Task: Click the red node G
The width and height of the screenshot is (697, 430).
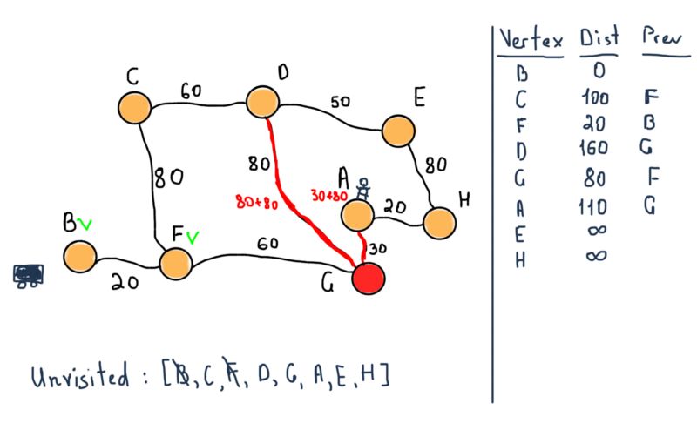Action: point(369,279)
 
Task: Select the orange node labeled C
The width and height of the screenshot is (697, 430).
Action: point(136,107)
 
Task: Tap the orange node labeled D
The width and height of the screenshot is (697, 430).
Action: point(261,103)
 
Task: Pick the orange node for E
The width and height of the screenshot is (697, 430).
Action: point(398,131)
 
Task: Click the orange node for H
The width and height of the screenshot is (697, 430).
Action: point(440,222)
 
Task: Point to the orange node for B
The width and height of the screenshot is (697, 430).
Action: point(79,256)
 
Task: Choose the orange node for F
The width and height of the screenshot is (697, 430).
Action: point(175,263)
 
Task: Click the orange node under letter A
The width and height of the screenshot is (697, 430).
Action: point(357,214)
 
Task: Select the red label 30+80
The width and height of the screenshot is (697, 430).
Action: point(332,195)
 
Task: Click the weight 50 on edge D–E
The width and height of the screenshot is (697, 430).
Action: point(340,103)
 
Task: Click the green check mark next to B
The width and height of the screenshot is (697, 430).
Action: point(85,225)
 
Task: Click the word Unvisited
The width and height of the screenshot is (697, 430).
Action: point(88,379)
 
